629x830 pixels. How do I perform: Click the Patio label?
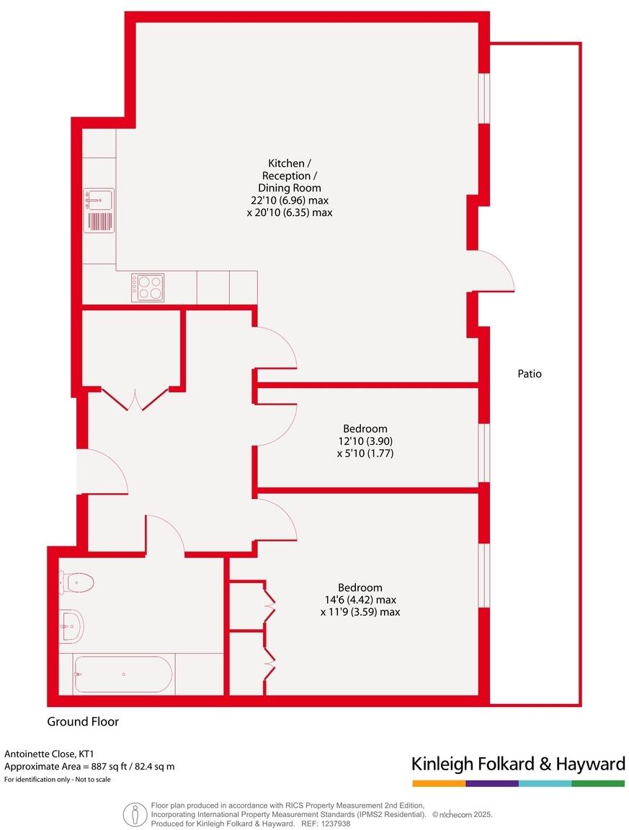pos(529,374)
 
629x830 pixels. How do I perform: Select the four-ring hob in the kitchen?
pos(148,287)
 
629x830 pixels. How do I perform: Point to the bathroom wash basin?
pos(71,625)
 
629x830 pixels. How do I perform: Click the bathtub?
pos(122,674)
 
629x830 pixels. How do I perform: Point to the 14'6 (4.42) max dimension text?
pos(360,600)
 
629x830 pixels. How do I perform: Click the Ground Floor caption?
pos(83,721)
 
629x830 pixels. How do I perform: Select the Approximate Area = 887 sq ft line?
pos(89,767)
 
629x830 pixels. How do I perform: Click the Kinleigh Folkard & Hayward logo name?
pos(518,763)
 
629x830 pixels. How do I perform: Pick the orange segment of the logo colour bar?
pos(439,783)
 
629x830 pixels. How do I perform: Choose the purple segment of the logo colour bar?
pos(492,783)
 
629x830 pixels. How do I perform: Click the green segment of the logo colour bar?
pos(598,783)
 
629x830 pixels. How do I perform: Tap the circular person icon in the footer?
pos(134,814)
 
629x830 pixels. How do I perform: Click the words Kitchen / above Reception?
pos(286,163)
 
